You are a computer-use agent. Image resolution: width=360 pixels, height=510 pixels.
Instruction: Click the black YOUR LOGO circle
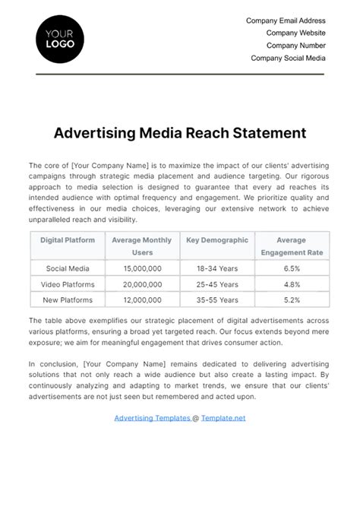(x=60, y=39)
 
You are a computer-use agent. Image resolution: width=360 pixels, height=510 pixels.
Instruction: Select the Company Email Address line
(x=286, y=21)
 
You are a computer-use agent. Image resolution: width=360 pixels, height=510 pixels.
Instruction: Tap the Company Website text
(x=295, y=33)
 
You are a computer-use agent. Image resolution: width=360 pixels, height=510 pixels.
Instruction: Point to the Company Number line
(x=295, y=46)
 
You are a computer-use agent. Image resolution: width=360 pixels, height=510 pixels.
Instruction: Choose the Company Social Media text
(x=288, y=58)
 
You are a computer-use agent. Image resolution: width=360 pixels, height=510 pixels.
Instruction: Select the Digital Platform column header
(x=68, y=240)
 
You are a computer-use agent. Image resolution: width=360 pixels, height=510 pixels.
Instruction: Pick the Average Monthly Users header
(x=142, y=246)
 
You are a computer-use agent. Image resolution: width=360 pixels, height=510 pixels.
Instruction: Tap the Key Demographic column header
(x=217, y=240)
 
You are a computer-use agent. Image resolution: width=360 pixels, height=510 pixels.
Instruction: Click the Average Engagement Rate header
(x=292, y=246)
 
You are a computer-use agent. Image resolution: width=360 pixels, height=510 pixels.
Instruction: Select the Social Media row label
(x=68, y=268)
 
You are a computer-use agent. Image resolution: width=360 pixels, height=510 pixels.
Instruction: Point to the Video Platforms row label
(x=68, y=284)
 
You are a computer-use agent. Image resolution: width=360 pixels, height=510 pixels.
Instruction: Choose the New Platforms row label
(x=68, y=300)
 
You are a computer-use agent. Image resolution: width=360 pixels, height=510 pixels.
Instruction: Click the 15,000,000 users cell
(x=142, y=268)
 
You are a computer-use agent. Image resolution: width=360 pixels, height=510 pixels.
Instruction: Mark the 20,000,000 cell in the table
(x=142, y=284)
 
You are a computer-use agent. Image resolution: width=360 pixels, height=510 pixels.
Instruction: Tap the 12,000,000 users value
(x=142, y=300)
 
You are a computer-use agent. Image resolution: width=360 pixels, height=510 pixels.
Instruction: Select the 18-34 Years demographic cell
(x=217, y=268)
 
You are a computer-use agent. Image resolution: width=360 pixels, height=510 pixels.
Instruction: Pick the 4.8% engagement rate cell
(x=292, y=284)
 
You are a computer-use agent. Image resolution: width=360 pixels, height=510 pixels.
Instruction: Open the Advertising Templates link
(x=152, y=418)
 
